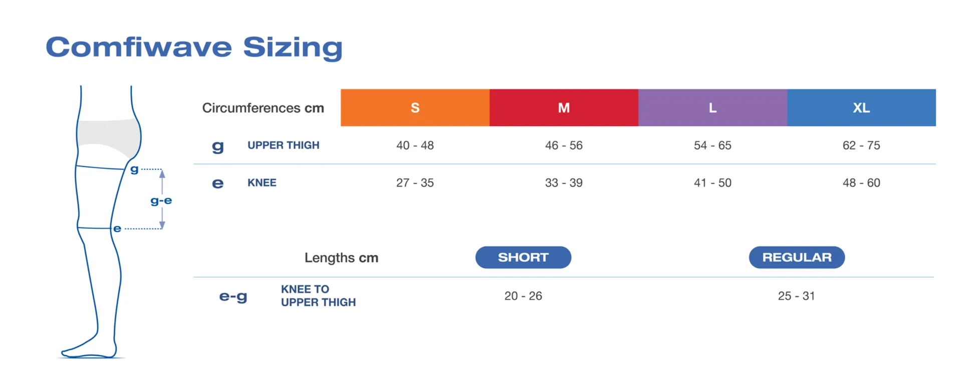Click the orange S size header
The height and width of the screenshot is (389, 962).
[415, 108]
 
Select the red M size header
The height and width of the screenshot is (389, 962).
[564, 108]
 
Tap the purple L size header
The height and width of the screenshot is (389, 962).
[712, 108]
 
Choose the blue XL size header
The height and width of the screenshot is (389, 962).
[861, 108]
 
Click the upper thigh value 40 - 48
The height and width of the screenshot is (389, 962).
[415, 145]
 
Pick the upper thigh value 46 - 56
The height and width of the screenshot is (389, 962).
[564, 145]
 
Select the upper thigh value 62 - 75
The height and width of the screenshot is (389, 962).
[861, 145]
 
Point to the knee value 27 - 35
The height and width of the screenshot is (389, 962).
[415, 183]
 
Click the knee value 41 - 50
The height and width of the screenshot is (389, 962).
[712, 183]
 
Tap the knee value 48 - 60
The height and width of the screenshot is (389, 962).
[861, 183]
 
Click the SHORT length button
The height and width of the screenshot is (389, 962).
[523, 257]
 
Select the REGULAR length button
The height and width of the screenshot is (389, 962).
[797, 257]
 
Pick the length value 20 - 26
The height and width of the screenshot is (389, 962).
[523, 296]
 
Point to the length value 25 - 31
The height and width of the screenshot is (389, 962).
[796, 296]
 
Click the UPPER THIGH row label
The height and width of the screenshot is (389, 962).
[283, 145]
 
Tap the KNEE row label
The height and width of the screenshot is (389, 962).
[262, 183]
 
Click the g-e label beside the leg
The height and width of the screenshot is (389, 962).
[161, 201]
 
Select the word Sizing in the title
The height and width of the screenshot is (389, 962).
[293, 48]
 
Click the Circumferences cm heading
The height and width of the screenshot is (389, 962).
[263, 108]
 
